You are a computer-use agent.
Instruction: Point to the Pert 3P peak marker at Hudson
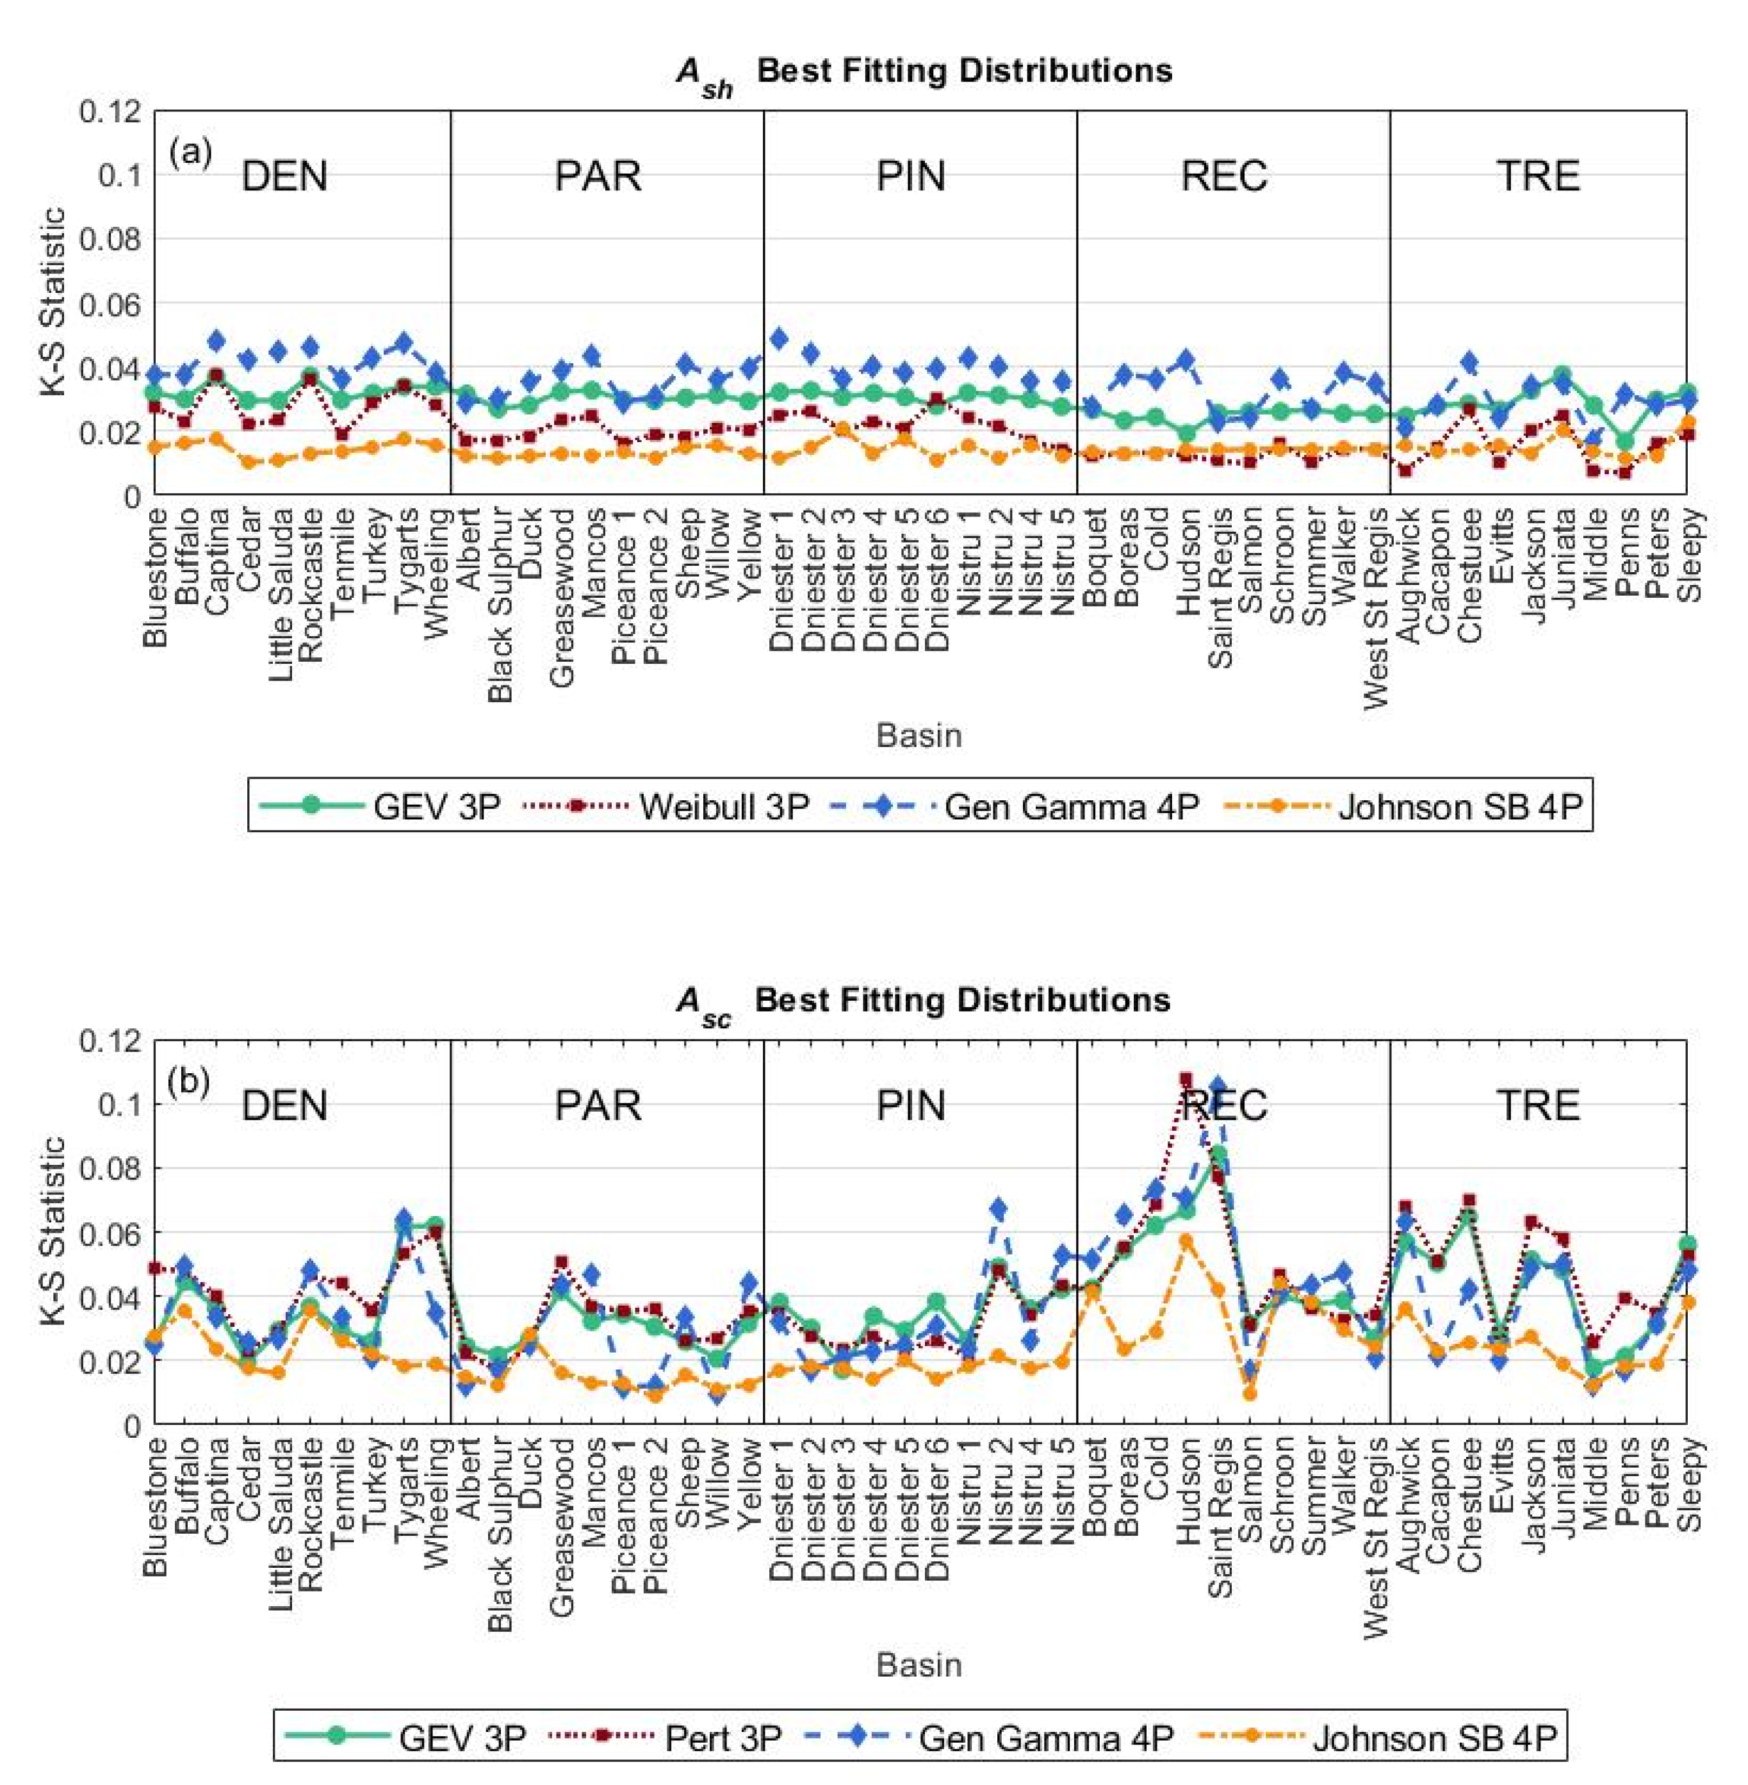click(1186, 1080)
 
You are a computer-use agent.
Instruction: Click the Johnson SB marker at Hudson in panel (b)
click(1186, 1242)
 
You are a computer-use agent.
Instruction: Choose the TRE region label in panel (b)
click(1538, 1105)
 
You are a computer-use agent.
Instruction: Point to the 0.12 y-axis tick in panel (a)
click(110, 113)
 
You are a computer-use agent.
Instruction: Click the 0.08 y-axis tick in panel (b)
click(110, 1170)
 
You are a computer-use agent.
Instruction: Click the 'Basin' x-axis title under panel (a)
click(919, 736)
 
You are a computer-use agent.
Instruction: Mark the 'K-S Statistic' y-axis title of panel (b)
click(53, 1230)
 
